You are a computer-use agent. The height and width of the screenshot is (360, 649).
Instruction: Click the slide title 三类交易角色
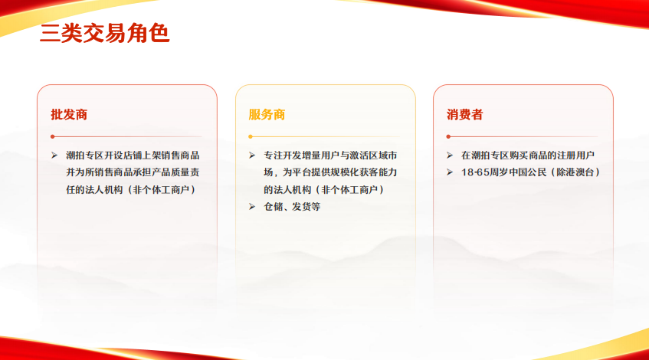[104, 34]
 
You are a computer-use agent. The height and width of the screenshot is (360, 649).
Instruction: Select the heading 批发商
[69, 115]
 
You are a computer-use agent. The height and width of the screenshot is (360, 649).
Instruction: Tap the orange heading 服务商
[267, 115]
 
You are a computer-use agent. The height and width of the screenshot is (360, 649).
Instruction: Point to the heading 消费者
[465, 115]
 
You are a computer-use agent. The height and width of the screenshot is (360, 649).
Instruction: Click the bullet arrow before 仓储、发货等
[252, 206]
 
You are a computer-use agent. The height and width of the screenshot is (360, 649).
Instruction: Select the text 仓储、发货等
[292, 206]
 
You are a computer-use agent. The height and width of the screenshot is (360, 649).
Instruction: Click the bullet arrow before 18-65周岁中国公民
[451, 172]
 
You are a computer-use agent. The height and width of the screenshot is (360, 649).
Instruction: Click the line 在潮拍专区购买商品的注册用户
[528, 155]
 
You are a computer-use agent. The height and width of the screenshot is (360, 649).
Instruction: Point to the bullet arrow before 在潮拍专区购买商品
[451, 155]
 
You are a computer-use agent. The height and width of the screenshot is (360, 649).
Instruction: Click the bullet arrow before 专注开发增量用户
[252, 155]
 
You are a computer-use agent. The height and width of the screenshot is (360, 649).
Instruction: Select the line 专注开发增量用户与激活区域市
[330, 155]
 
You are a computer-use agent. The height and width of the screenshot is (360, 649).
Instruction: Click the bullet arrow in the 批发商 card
[54, 155]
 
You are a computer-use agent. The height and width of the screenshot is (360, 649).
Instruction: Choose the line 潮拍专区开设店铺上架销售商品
[133, 155]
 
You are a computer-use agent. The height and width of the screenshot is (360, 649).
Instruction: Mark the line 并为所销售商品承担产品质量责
[133, 172]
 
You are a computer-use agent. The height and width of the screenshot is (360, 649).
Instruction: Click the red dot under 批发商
[52, 136]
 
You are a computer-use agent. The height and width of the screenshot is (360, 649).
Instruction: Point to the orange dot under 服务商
[250, 136]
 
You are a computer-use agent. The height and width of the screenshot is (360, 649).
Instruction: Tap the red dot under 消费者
[448, 136]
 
